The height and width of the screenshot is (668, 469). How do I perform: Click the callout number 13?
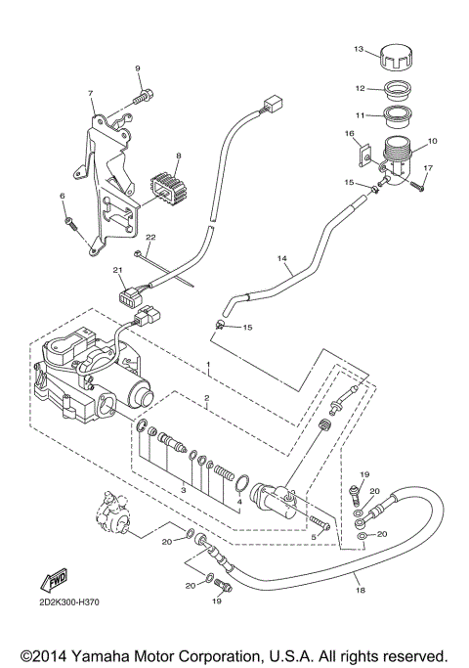coord(358,48)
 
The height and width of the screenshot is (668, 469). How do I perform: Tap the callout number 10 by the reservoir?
coord(433,141)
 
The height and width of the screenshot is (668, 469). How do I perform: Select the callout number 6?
coord(63,197)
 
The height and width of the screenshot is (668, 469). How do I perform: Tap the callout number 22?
coord(150,238)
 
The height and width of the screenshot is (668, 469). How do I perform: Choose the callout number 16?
coord(349,132)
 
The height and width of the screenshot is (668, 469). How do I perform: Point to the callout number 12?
coord(360,88)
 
